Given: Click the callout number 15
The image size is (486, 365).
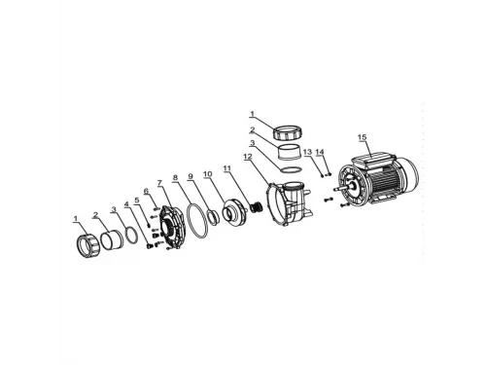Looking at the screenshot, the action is (363, 137).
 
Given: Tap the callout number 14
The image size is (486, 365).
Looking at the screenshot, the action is (320, 152).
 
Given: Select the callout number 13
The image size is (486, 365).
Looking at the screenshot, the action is (307, 152).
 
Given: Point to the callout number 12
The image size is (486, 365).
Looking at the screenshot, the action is (247, 157).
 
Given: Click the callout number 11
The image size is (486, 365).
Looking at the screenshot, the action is (227, 168).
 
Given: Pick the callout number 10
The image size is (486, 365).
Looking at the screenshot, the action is (208, 174).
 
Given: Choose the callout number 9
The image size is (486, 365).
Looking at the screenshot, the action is (191, 176).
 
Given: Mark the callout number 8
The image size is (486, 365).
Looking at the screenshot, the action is (175, 177).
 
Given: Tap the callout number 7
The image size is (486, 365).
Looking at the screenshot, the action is (159, 183).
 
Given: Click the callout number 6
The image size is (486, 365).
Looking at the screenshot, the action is (146, 191).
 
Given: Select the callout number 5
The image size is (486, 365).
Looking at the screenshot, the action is (137, 200).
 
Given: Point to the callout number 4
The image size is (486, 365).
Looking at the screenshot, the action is (126, 204).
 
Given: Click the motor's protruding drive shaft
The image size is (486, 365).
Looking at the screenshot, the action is (338, 189).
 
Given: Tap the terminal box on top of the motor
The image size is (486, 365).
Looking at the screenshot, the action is (371, 162).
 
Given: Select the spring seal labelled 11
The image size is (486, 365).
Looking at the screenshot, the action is (258, 206).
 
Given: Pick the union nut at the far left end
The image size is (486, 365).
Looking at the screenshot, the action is (86, 245).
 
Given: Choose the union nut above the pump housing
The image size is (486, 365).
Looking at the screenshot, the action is (289, 130).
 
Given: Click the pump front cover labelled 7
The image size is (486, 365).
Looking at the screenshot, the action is (171, 228).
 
